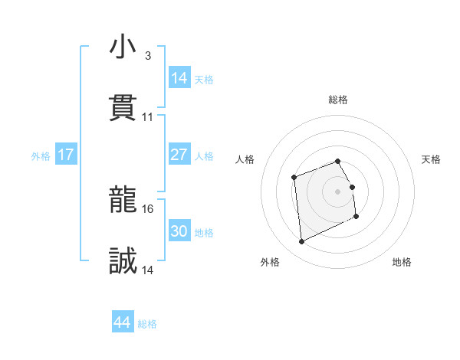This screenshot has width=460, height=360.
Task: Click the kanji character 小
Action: pos(123,47)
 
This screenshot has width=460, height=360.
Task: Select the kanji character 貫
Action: pos(123,109)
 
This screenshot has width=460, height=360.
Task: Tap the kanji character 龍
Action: pos(123,201)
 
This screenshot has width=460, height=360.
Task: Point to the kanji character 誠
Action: pos(123,262)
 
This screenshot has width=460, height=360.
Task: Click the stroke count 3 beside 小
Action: pos(147,56)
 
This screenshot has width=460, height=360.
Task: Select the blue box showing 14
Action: pos(179,78)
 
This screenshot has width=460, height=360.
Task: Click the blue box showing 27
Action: pos(179,155)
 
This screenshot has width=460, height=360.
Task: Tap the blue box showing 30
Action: pos(179,231)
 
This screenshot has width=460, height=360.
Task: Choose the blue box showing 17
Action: pos(66,155)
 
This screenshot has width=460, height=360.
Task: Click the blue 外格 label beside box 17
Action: pos(41,156)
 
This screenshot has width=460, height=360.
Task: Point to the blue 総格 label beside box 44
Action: pos(147,324)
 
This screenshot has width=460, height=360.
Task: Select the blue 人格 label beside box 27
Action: pos(204,156)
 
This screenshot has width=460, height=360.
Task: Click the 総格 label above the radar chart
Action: pos(338,100)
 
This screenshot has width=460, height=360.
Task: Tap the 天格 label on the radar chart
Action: pos(432,159)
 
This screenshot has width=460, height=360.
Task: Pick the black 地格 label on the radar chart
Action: pos(402,263)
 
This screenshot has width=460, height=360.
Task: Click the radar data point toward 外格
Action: pos(301,242)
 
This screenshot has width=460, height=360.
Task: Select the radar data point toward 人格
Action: pos(294,178)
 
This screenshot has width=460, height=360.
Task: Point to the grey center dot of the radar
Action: pos(338,191)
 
